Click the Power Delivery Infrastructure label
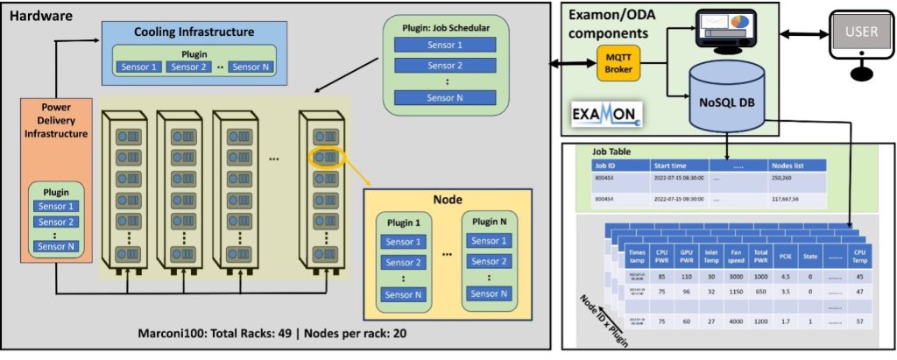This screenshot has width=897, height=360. (54, 123)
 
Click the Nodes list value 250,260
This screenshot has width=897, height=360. (781, 179)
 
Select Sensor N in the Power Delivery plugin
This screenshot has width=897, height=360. (54, 247)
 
